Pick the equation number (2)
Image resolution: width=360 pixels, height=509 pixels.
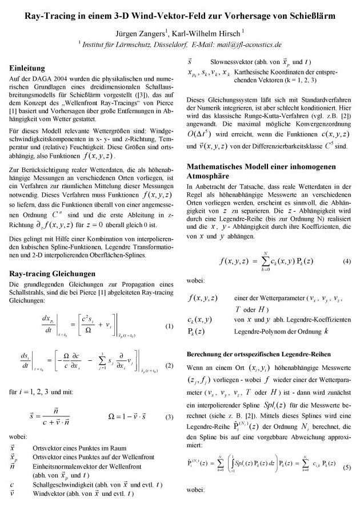[169, 365]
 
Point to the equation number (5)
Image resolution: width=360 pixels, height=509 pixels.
[346, 467]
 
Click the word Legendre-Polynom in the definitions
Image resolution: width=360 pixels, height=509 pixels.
[261, 331]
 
